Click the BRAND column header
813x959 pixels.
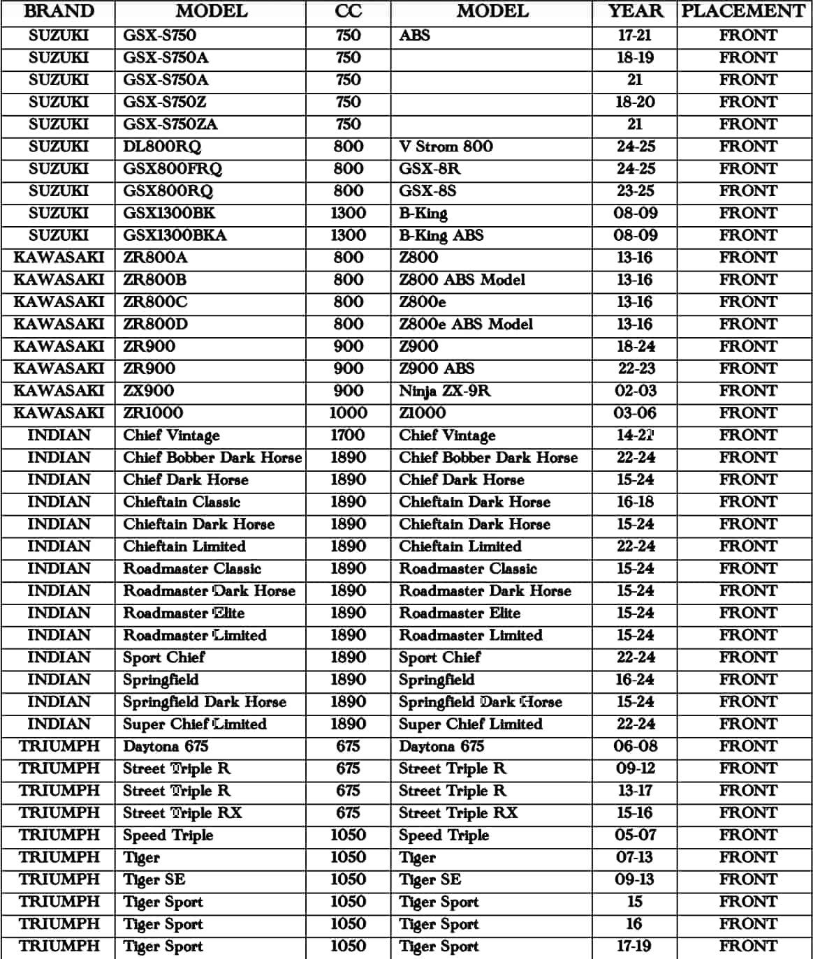pyautogui.click(x=59, y=12)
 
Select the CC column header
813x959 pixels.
pyautogui.click(x=348, y=12)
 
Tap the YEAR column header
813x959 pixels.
pyautogui.click(x=634, y=12)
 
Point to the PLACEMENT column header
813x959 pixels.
pyautogui.click(x=743, y=12)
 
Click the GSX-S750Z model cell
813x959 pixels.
pyautogui.click(x=165, y=102)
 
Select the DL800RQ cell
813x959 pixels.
pyautogui.click(x=162, y=147)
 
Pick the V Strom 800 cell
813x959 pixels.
pyautogui.click(x=446, y=147)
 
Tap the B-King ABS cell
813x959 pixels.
pyautogui.click(x=441, y=235)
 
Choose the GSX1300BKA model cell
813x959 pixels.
pyautogui.click(x=175, y=235)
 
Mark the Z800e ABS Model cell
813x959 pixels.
pyautogui.click(x=465, y=325)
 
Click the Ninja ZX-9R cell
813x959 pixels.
pyautogui.click(x=444, y=391)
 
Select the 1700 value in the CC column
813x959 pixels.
pyautogui.click(x=348, y=436)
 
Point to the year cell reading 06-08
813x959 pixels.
pyautogui.click(x=634, y=746)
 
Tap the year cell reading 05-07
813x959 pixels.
pyautogui.click(x=634, y=835)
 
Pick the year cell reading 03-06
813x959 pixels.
pyautogui.click(x=634, y=413)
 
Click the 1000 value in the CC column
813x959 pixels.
pyautogui.click(x=348, y=413)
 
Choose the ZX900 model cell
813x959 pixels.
pyautogui.click(x=149, y=391)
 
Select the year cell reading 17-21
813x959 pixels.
pyautogui.click(x=634, y=36)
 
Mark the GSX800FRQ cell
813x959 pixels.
pyautogui.click(x=173, y=169)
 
